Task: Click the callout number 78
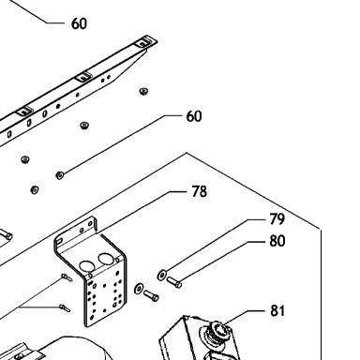coord(199,191)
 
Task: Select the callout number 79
coord(277,219)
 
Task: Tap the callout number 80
coord(277,241)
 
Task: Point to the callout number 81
coord(277,310)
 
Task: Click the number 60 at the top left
coord(79,23)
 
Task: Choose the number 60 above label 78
coord(194,116)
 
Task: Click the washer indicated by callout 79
coord(162,275)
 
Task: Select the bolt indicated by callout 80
coord(174,282)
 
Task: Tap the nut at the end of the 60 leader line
coord(59,175)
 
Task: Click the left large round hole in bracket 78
coord(86,266)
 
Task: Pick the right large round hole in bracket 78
coord(105,259)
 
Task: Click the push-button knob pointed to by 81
coord(217,330)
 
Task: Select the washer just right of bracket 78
coord(139,289)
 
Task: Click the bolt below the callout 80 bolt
coord(151,295)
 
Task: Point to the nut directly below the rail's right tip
coord(143,91)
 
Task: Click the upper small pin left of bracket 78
coord(67,277)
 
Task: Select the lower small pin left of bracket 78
coord(65,308)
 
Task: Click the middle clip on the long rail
coord(83,76)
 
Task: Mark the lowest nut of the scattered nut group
coord(35,189)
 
